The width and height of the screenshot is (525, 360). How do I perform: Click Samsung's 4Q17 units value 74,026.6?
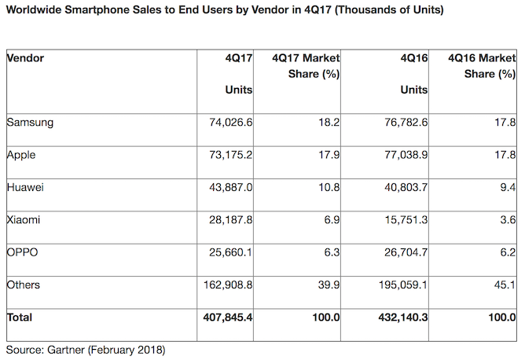(228, 122)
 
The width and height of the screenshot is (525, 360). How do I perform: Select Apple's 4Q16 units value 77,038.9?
(403, 155)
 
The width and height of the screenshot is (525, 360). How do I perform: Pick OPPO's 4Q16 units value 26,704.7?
(403, 252)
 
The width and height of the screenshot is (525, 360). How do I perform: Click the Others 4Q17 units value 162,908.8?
(225, 285)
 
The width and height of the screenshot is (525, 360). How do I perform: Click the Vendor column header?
(25, 58)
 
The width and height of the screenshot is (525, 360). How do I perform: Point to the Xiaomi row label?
(23, 219)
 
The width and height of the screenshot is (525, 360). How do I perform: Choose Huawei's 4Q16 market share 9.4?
(508, 187)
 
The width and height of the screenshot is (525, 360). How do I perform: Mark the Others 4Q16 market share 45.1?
(505, 285)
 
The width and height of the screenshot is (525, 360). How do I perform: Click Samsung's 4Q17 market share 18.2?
(329, 122)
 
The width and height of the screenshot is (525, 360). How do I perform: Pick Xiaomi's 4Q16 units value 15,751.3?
(403, 219)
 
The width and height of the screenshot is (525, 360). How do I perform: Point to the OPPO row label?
(22, 252)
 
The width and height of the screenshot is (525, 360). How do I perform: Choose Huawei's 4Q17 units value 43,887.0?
(228, 187)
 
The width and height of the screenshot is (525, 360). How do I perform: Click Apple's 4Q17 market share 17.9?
(329, 155)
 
